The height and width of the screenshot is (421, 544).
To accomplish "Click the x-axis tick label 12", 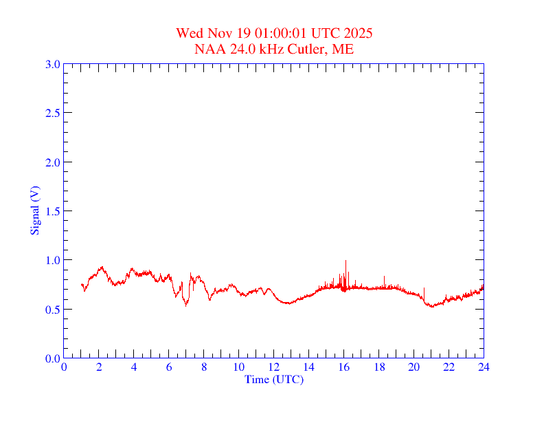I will tap(274, 367).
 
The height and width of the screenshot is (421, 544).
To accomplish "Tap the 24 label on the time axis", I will tap(484, 367).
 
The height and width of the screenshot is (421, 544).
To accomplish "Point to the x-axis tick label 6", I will tap(169, 367).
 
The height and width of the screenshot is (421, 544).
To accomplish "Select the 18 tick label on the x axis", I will tap(379, 367).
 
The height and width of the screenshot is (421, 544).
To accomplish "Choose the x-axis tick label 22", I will tap(449, 367).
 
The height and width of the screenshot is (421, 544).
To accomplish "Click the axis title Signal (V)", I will tap(34, 210).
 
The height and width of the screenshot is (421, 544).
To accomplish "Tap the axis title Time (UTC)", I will tap(274, 379).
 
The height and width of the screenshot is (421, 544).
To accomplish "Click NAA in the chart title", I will tap(208, 49).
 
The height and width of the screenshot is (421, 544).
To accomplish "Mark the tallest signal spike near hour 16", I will tap(345, 261).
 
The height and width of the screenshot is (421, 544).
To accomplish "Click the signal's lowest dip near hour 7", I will tap(185, 305).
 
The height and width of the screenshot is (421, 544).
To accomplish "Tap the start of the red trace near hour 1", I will tap(82, 284).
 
